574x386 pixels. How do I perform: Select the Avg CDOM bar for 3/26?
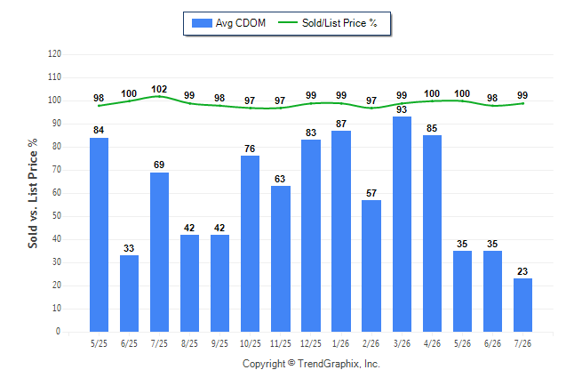(x=402, y=224)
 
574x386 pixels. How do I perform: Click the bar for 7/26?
(x=522, y=305)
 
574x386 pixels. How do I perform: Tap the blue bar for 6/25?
(x=129, y=294)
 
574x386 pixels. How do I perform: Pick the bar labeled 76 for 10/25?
(x=250, y=244)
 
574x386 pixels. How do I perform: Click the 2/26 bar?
(x=371, y=266)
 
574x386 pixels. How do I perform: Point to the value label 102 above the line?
(x=159, y=90)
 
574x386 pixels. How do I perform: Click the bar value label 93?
(x=402, y=109)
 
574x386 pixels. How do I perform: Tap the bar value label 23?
(x=522, y=271)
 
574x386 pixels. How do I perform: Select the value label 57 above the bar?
(x=371, y=193)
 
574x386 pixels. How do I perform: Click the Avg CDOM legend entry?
(x=228, y=23)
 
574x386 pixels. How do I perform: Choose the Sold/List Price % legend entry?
(x=328, y=23)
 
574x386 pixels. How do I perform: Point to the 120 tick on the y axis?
(x=54, y=54)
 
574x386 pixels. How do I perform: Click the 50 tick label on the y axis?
(x=57, y=216)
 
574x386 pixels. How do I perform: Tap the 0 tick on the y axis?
(x=59, y=332)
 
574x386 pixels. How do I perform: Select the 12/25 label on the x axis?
(x=311, y=343)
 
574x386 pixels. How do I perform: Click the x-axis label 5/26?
(x=462, y=343)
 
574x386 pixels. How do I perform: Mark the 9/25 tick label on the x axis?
(x=219, y=343)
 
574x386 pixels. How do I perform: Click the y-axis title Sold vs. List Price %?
(x=33, y=193)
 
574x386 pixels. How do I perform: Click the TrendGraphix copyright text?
(x=311, y=364)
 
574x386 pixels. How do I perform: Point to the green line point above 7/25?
(x=159, y=96)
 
